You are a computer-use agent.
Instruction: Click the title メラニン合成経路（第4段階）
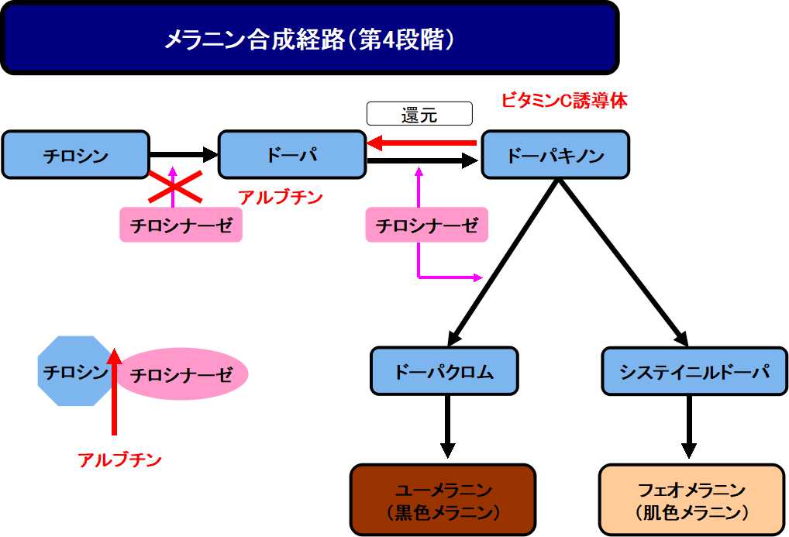(308, 39)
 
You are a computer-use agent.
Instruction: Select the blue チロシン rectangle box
(75, 155)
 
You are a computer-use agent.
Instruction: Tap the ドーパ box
(291, 155)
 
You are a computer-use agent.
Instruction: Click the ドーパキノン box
(555, 155)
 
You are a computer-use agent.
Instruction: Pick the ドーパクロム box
(443, 371)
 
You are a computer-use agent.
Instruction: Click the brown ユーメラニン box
(443, 500)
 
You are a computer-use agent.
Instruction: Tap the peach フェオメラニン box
(692, 500)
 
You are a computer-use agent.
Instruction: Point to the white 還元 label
(419, 114)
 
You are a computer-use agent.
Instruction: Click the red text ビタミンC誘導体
(563, 101)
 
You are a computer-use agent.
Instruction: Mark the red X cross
(175, 186)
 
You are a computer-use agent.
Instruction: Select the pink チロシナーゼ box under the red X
(181, 225)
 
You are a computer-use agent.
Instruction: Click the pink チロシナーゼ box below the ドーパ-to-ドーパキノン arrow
(426, 225)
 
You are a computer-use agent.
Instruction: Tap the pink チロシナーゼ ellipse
(181, 375)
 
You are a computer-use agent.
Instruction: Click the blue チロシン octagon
(74, 371)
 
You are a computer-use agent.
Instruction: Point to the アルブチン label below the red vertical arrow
(119, 460)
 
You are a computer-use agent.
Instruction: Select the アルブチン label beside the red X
(281, 198)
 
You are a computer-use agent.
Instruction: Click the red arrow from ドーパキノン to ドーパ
(422, 143)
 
